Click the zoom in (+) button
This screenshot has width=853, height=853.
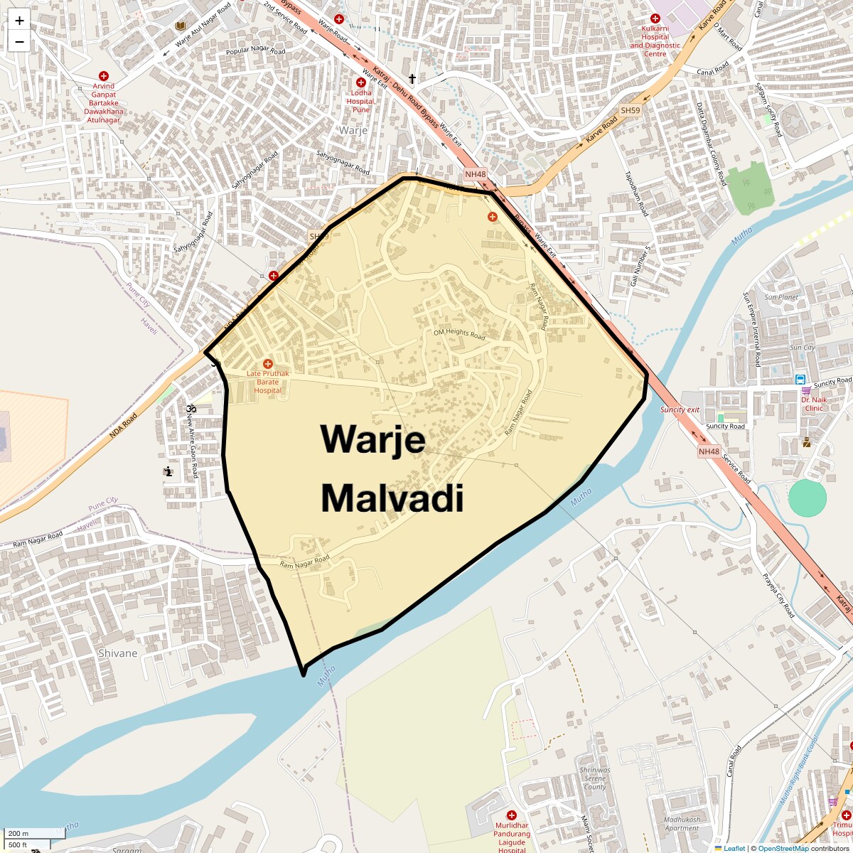pyautogui.click(x=19, y=21)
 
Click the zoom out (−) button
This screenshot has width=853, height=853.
pyautogui.click(x=19, y=41)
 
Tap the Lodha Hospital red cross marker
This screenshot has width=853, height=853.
pyautogui.click(x=361, y=82)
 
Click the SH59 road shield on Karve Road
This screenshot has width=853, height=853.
pyautogui.click(x=630, y=111)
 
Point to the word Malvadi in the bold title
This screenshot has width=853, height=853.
pyautogui.click(x=392, y=498)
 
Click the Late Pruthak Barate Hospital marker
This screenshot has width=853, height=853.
pyautogui.click(x=268, y=364)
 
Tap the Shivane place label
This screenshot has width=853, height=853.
pyautogui.click(x=118, y=653)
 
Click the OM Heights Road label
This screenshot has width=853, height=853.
pyautogui.click(x=459, y=333)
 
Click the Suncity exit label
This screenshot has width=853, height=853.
pyautogui.click(x=680, y=410)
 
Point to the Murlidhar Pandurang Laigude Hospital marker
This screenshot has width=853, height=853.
pyautogui.click(x=511, y=815)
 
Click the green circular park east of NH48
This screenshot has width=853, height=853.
pyautogui.click(x=808, y=498)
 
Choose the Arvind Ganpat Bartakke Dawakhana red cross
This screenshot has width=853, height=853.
pyautogui.click(x=104, y=75)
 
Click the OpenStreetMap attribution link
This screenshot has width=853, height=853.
pyautogui.click(x=783, y=848)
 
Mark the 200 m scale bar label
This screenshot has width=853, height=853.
pyautogui.click(x=19, y=833)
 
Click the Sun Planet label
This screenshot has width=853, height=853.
pyautogui.click(x=781, y=297)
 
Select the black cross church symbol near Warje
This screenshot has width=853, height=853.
pyautogui.click(x=412, y=78)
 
